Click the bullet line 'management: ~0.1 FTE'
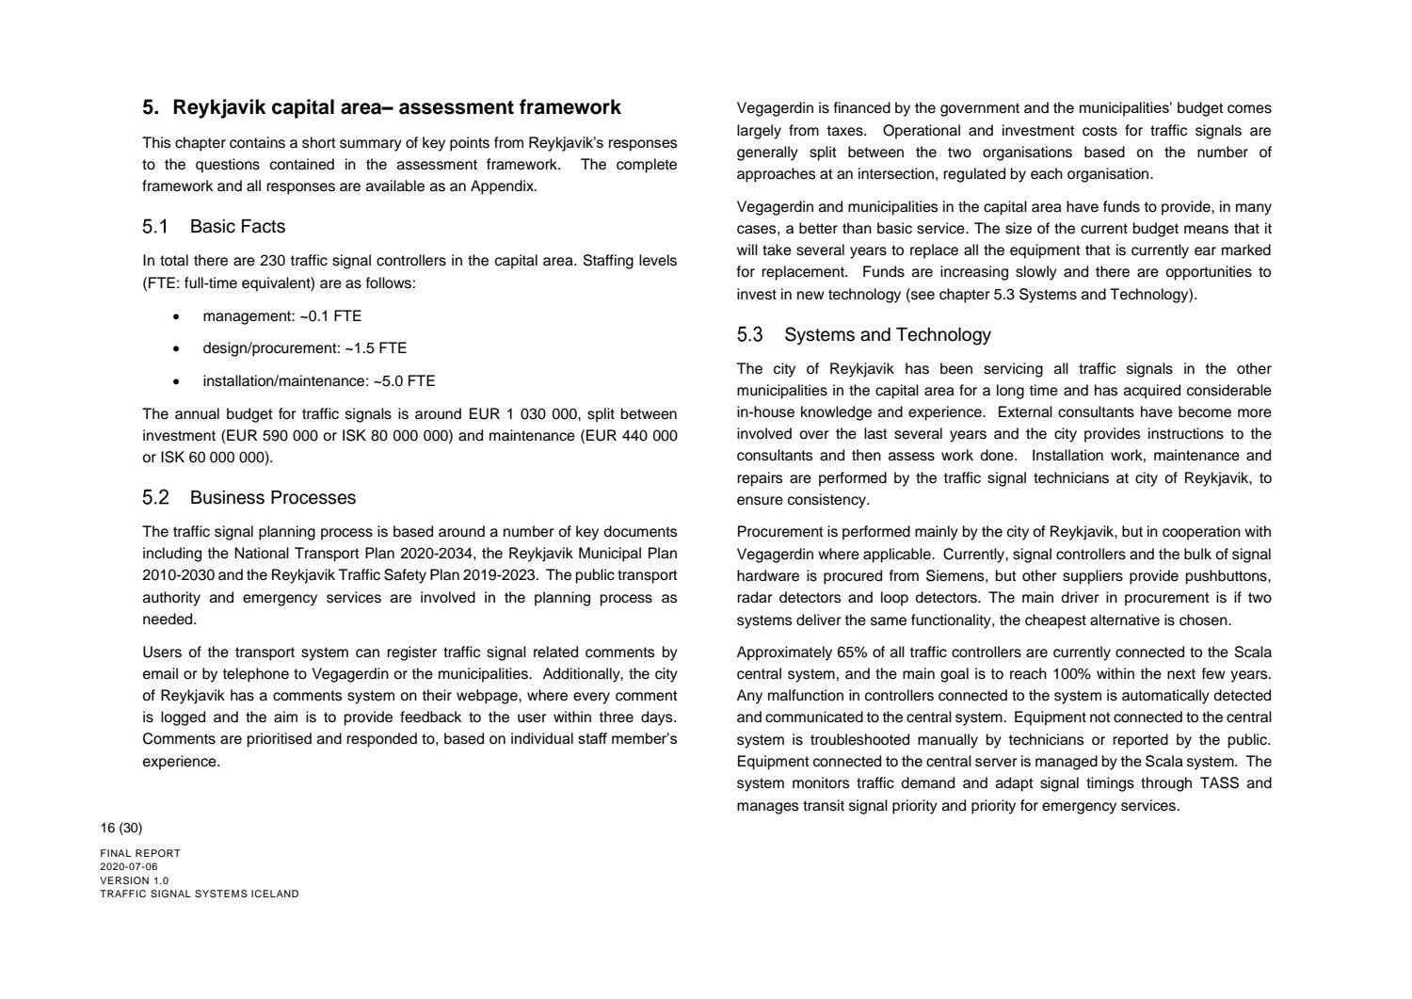(x=281, y=316)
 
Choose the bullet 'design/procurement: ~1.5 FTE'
(x=304, y=348)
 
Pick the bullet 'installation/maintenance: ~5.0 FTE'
(x=318, y=381)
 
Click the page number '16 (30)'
(x=121, y=829)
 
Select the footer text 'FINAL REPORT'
(x=140, y=854)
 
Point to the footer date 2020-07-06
(x=129, y=867)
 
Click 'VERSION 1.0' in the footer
(x=135, y=881)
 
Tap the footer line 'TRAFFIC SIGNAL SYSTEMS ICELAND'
(x=200, y=894)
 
